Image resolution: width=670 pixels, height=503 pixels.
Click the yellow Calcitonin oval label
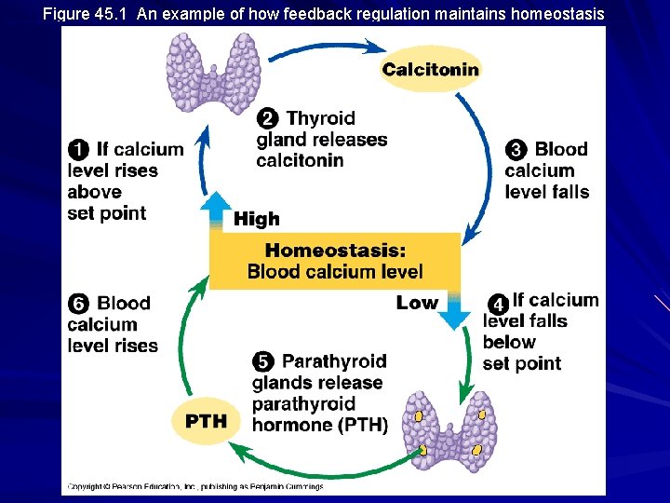[x=430, y=69]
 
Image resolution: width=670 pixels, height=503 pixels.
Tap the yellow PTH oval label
[x=206, y=421]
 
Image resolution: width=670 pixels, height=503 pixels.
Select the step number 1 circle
[x=79, y=149]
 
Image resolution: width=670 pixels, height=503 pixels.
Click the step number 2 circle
[x=268, y=118]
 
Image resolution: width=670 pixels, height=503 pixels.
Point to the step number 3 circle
[x=516, y=149]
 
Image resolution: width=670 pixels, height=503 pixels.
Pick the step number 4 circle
[x=499, y=304]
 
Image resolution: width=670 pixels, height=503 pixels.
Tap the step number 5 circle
[x=264, y=361]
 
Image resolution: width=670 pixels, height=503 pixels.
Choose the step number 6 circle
[x=79, y=304]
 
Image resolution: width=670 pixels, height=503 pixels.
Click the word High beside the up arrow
[x=257, y=220]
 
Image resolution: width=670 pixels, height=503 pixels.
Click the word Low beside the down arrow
[x=416, y=303]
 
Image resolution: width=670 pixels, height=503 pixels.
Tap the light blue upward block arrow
[x=217, y=211]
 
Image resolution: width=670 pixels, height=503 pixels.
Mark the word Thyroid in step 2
[x=321, y=118]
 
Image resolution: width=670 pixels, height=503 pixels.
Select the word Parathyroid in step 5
[x=333, y=361]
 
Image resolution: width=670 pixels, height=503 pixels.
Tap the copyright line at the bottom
[x=195, y=486]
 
